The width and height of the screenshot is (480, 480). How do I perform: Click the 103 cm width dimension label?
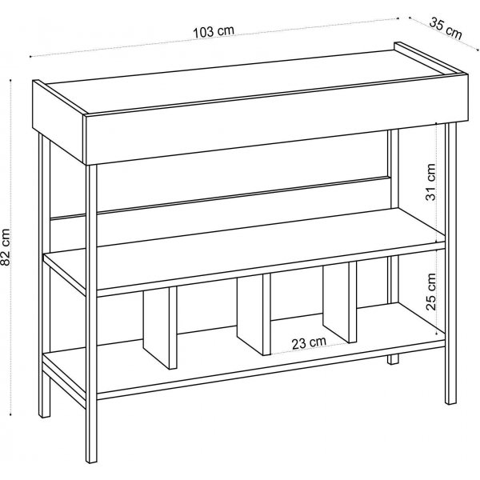coord(214,31)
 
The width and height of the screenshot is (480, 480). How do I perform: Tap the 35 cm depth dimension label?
coord(446,29)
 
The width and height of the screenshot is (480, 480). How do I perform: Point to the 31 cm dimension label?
coord(430,182)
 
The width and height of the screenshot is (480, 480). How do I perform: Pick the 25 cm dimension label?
coord(430,292)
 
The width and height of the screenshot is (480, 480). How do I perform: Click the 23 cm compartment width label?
coord(309,342)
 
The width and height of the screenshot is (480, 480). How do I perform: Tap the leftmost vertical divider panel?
coord(160,327)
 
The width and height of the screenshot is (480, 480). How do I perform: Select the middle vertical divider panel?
coord(254,314)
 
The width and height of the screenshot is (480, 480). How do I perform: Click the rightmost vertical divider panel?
coord(340,302)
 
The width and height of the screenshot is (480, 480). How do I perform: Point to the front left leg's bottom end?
coord(91,460)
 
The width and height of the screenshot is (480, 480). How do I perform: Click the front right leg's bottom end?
coord(450,402)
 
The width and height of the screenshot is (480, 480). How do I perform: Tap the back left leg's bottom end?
coord(45,415)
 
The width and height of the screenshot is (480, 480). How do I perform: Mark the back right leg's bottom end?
coord(394,362)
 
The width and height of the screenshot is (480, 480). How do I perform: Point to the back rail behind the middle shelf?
coord(221,197)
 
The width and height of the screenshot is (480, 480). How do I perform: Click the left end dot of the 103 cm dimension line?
coord(30,57)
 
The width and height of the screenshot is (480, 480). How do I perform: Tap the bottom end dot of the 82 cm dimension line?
coord(11,414)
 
